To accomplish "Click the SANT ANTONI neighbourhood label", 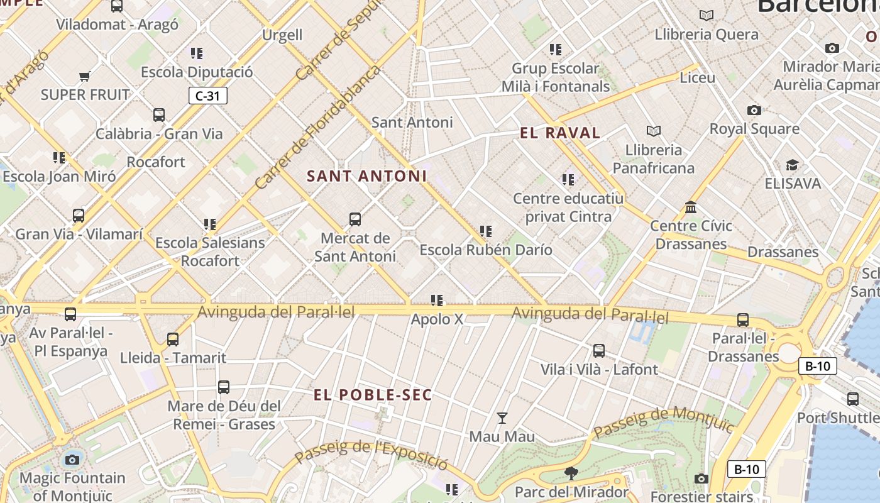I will [366, 176].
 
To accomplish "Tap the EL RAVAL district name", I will [560, 133].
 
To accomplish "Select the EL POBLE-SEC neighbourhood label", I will [373, 395].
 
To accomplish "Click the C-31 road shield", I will [207, 96].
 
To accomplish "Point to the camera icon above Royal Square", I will [754, 110].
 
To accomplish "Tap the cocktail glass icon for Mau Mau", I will [502, 417].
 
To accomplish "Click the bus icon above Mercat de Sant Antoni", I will [355, 219].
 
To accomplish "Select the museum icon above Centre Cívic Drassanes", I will [691, 207].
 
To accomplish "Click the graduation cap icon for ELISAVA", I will [792, 165].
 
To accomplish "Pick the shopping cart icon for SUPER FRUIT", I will [85, 77].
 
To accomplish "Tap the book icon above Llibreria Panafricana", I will [654, 131].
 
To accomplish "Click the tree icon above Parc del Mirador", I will [571, 473].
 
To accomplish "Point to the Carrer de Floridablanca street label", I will [318, 128].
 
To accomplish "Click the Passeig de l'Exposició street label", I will [371, 454].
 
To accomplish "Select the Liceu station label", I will [697, 77].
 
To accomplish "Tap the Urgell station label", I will [282, 35].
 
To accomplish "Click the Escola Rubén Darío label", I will [486, 250].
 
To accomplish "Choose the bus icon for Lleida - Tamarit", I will [173, 340].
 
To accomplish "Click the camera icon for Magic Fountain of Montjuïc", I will [72, 460].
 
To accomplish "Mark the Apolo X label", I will [437, 319].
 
